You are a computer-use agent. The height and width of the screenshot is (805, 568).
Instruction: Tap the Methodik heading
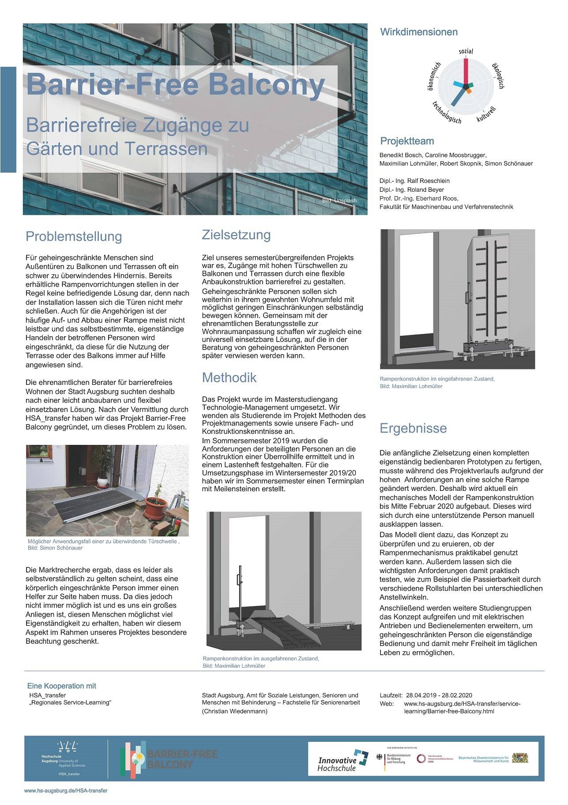(x=229, y=377)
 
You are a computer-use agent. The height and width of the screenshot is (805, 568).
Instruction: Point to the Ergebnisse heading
(x=413, y=428)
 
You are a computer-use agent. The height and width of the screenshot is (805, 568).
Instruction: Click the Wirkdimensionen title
(x=419, y=32)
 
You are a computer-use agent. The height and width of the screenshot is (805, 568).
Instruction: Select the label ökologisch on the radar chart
(x=498, y=75)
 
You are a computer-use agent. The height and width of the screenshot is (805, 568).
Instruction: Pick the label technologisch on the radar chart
(x=446, y=113)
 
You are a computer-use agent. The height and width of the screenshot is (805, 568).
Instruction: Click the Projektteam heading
(x=407, y=141)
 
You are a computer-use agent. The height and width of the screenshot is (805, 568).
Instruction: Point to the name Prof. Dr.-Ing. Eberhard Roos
(x=418, y=198)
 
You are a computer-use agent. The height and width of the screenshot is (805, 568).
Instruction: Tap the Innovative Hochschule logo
(x=343, y=760)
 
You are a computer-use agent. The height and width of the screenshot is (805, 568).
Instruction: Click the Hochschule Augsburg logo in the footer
(x=66, y=756)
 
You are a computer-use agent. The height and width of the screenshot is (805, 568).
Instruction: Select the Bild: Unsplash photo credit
(x=339, y=201)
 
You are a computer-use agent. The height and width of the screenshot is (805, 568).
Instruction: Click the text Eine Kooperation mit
(x=61, y=686)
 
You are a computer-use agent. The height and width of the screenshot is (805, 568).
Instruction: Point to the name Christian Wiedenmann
(x=234, y=711)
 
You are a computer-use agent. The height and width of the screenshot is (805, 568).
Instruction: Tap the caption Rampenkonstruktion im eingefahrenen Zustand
(x=437, y=379)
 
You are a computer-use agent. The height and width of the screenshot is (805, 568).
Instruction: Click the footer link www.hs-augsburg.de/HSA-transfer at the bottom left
(x=66, y=791)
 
